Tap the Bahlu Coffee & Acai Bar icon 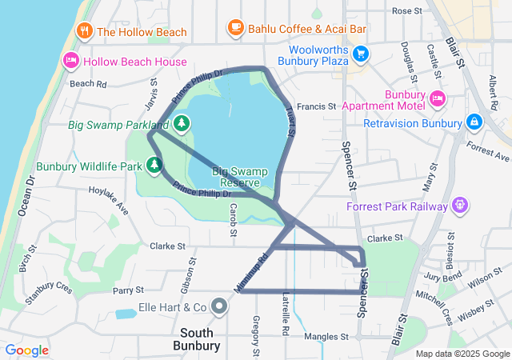point(235,28)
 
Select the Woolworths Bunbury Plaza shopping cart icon point(361,54)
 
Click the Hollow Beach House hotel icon point(70,61)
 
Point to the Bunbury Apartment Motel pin point(437,98)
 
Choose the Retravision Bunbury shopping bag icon point(474,122)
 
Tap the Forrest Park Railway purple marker point(459,206)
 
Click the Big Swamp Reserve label point(238,178)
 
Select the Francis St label point(316,106)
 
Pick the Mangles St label point(326,337)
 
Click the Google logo point(27,350)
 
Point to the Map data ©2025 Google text point(462,354)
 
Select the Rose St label point(406,11)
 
